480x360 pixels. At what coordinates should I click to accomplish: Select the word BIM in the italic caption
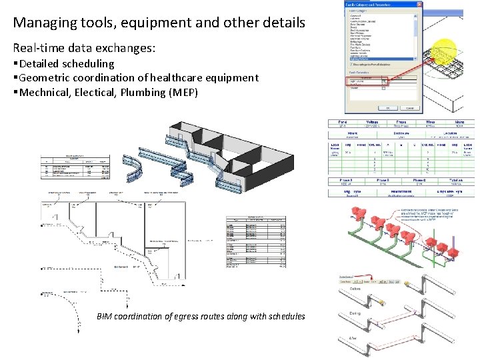[x=105, y=316]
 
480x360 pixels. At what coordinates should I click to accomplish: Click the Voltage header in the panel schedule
[x=372, y=122]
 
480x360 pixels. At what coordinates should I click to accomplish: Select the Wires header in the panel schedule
[x=430, y=122]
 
